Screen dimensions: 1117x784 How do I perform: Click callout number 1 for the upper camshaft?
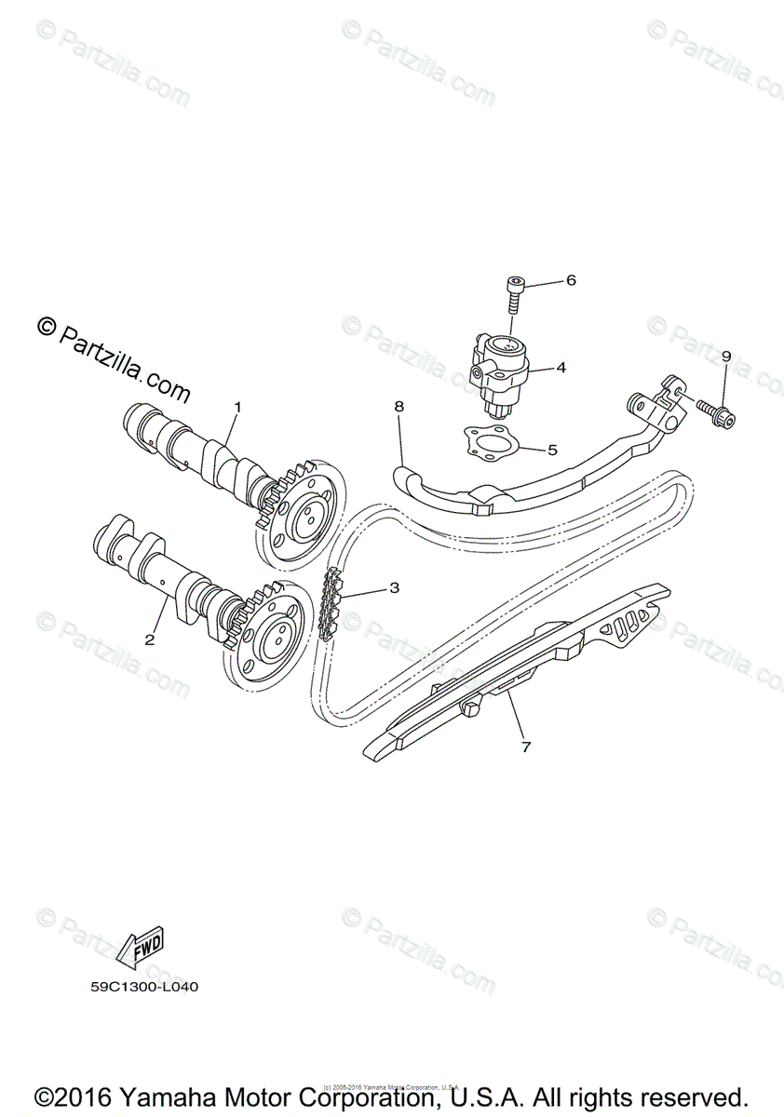coord(237,407)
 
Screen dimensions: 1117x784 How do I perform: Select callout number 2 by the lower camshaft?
coord(149,639)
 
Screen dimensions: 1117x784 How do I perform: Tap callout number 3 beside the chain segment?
coord(394,587)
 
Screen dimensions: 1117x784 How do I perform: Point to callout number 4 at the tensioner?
coord(561,368)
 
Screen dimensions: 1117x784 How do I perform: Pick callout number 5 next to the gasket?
coord(552,450)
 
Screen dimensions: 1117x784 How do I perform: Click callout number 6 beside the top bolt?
coord(571,279)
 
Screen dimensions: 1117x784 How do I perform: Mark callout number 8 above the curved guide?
coord(399,407)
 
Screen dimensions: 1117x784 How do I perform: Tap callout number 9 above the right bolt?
coord(726,357)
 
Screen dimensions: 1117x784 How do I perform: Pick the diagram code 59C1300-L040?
coord(139,986)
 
